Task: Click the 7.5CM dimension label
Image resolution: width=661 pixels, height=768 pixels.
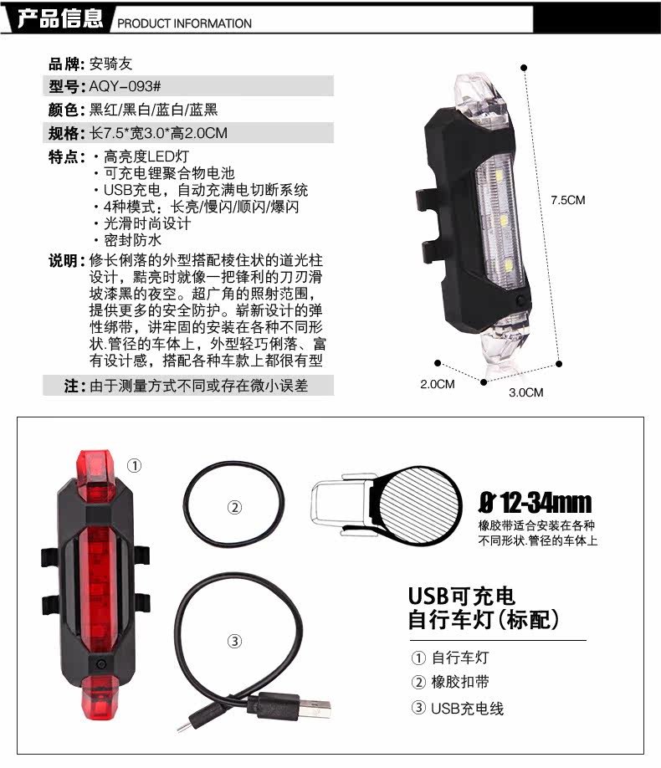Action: (x=567, y=200)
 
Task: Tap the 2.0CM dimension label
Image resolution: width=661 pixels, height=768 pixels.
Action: (x=437, y=384)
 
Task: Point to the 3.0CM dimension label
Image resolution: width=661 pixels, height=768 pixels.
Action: (x=525, y=392)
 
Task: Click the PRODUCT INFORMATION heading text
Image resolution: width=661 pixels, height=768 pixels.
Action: (x=184, y=23)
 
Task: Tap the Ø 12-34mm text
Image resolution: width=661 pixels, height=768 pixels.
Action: (x=535, y=503)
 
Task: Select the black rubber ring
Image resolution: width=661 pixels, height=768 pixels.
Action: (x=235, y=505)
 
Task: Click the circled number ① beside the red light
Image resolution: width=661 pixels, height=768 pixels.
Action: (x=135, y=465)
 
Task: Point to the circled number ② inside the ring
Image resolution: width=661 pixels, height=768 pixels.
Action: (x=235, y=506)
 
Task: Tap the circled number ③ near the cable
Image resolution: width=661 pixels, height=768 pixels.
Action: (x=234, y=641)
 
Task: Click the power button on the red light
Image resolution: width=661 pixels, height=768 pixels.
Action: (x=100, y=663)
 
